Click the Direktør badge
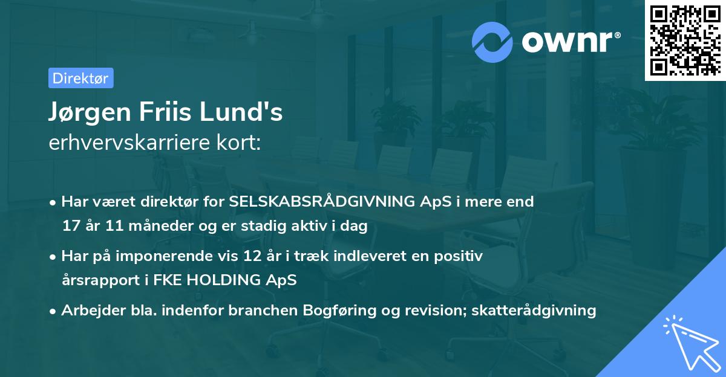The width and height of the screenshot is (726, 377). (80, 78)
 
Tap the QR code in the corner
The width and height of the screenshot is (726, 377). (684, 40)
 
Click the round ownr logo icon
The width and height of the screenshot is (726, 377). (492, 42)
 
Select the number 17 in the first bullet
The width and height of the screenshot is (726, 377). (70, 226)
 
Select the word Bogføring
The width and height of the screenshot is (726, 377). (345, 311)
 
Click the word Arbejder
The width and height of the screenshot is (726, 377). (90, 311)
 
